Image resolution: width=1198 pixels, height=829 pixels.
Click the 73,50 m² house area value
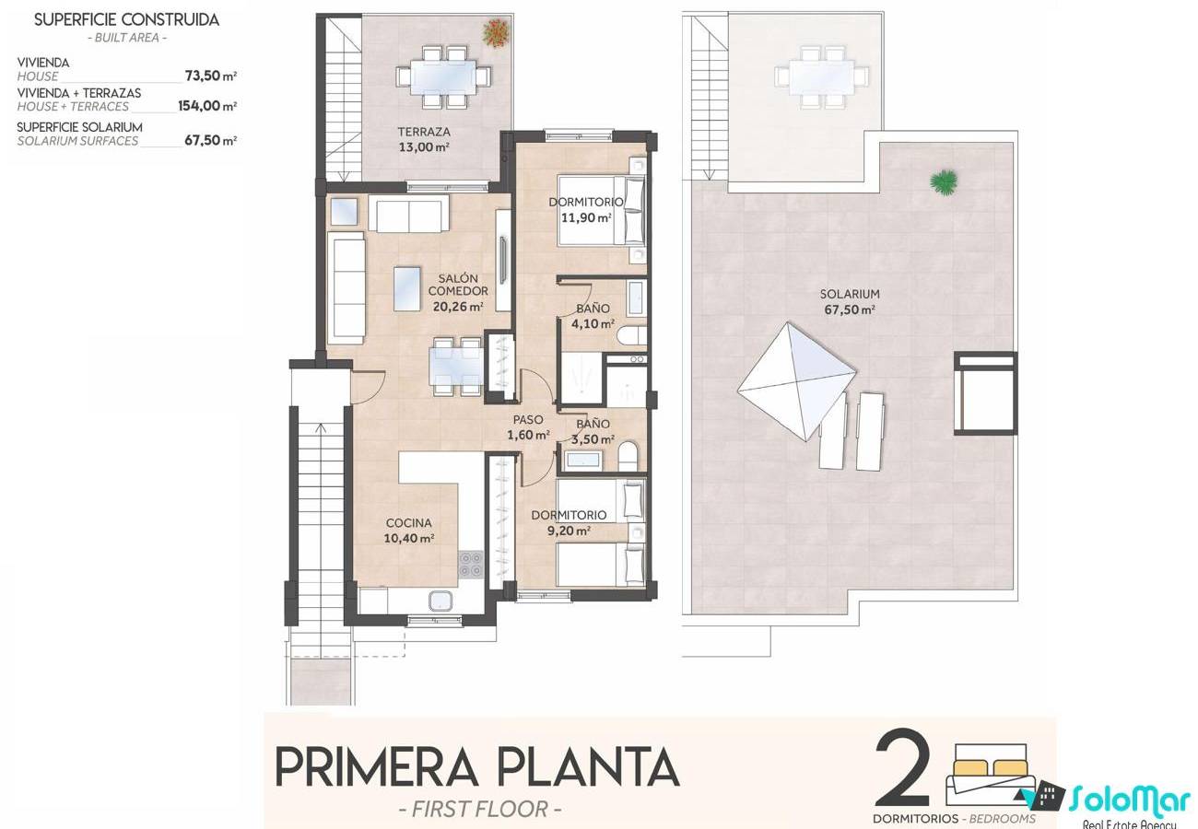[211, 76]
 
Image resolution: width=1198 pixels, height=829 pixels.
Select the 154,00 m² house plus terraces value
[207, 106]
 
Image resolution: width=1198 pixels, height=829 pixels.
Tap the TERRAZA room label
[424, 132]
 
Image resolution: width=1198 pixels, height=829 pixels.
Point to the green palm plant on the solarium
[945, 181]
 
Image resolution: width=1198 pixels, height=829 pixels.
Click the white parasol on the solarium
[796, 381]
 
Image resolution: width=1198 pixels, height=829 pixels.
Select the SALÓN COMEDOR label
[458, 285]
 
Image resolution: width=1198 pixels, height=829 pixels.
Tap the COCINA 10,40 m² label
[409, 531]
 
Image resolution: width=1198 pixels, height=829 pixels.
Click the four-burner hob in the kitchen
[471, 565]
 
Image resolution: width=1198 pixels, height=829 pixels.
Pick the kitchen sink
[443, 601]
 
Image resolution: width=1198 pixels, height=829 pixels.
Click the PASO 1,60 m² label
[528, 427]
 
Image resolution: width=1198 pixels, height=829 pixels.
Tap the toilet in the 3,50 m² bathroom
[628, 457]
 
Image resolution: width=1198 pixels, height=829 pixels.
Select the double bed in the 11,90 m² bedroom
[601, 210]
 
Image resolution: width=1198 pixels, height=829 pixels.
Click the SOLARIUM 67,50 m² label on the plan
[850, 301]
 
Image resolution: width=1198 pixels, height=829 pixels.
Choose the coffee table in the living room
[407, 288]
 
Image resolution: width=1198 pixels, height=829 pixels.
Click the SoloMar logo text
[1130, 800]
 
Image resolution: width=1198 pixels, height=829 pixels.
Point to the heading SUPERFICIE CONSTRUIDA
[127, 19]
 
